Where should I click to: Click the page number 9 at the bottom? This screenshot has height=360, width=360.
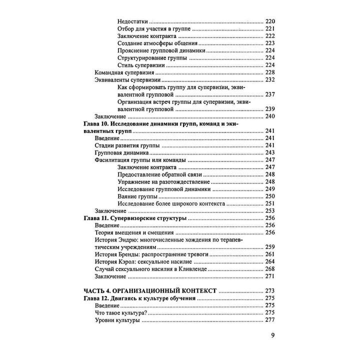tap(273, 335)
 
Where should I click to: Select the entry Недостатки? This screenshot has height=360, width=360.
tap(133, 22)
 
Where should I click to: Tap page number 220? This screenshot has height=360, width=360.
tap(270, 22)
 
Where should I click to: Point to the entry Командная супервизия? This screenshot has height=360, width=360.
tap(123, 73)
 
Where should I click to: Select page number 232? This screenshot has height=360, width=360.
tap(270, 80)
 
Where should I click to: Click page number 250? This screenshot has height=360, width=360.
tap(270, 196)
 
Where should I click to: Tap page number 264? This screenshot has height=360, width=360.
tap(270, 261)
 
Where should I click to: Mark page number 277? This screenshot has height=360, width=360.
tap(270, 320)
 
